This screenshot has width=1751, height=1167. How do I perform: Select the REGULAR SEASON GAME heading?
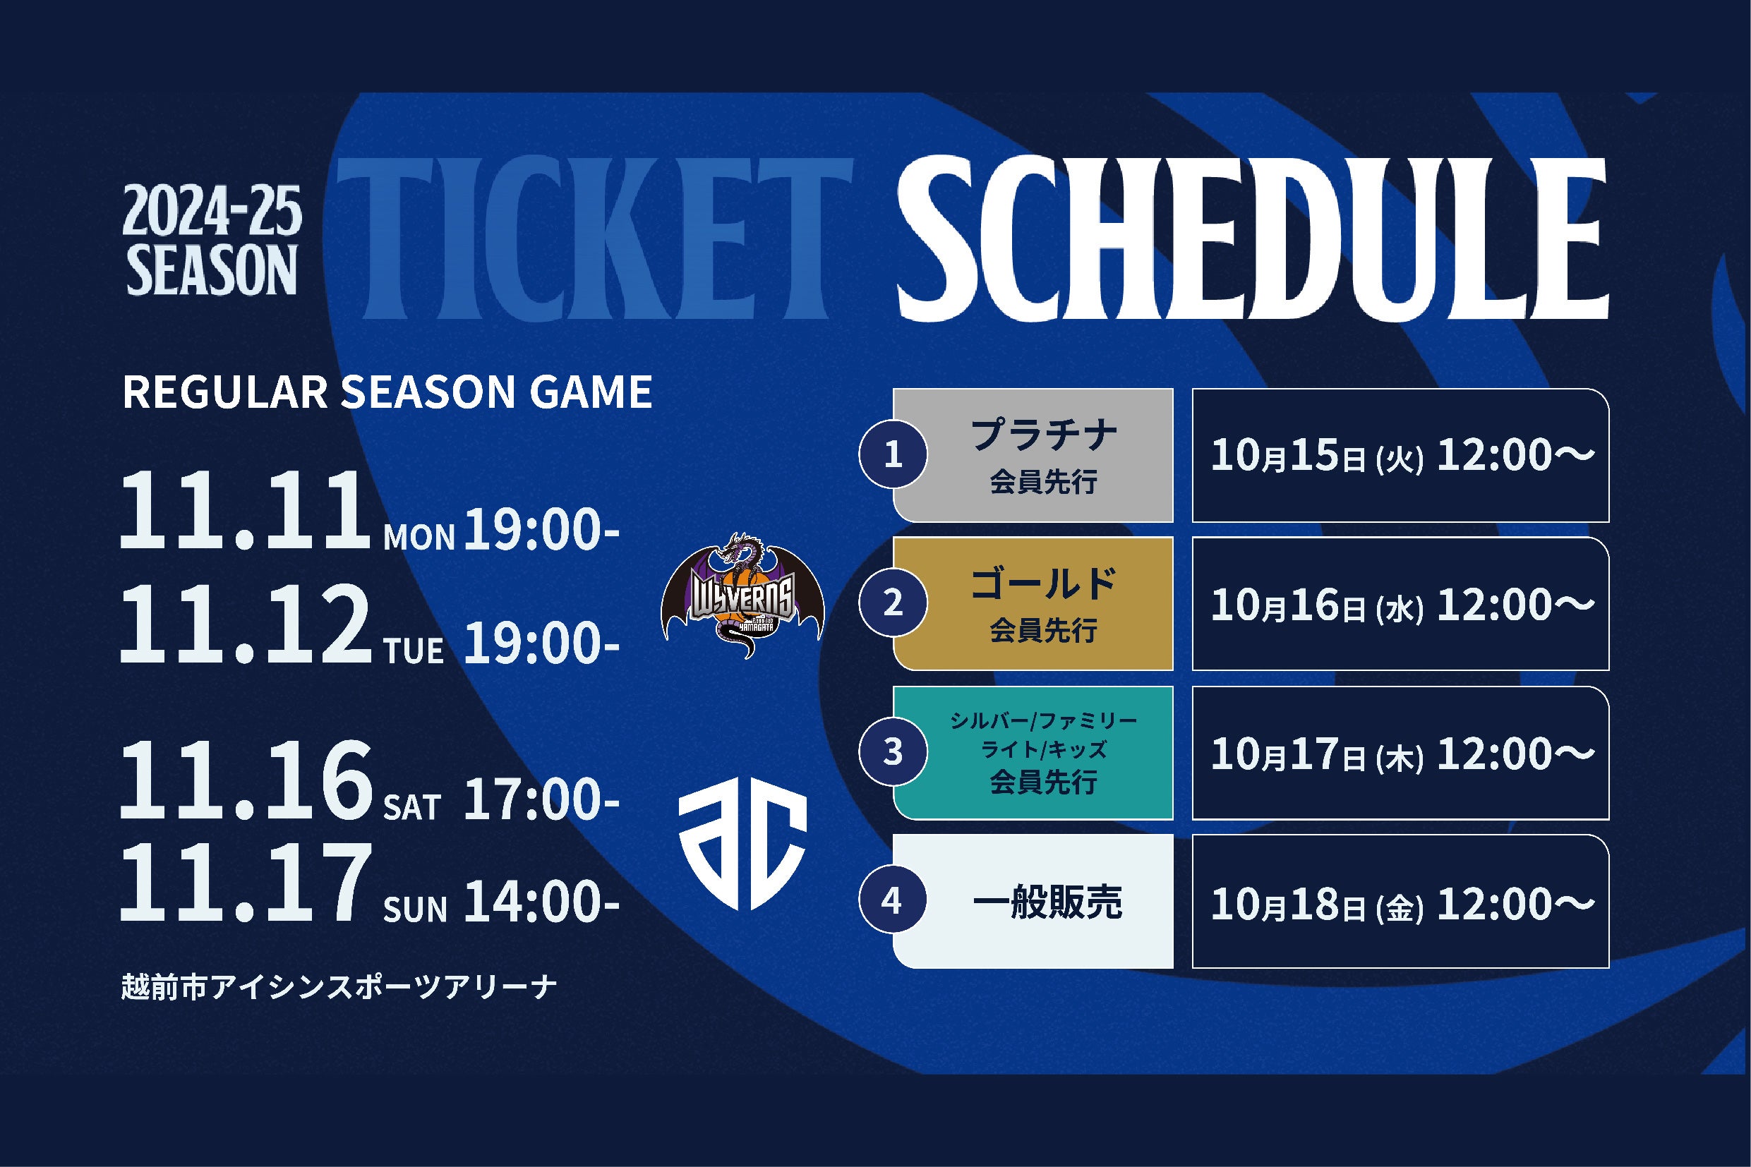(387, 392)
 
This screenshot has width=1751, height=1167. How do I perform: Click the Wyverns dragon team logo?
(742, 595)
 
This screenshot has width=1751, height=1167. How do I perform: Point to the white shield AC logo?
(742, 850)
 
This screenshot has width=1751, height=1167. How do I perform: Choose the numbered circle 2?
(893, 603)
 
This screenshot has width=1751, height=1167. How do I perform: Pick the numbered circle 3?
(893, 752)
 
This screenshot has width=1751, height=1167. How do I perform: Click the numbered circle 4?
(893, 901)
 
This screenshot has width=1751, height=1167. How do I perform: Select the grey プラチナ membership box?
(1033, 455)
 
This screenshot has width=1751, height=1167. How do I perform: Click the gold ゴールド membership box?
(1033, 603)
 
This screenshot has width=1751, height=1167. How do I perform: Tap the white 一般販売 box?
(1033, 901)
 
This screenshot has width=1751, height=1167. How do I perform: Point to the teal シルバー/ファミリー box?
(1033, 752)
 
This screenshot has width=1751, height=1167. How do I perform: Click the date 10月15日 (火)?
(1317, 456)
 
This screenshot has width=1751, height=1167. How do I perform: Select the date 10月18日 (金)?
(1317, 904)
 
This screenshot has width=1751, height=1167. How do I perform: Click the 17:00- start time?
(541, 801)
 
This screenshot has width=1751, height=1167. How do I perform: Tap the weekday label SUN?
(415, 909)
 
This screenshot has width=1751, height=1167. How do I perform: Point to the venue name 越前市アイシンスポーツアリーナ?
(339, 988)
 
